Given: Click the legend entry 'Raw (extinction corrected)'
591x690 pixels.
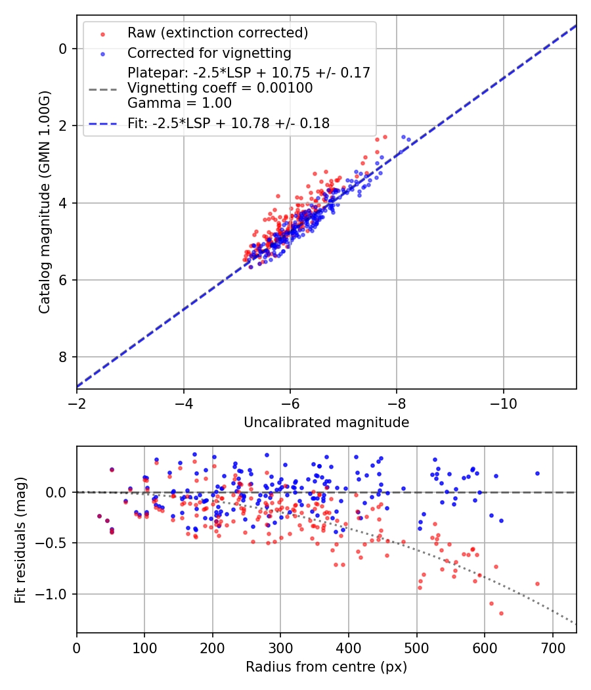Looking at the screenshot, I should pyautogui.click(x=217, y=33).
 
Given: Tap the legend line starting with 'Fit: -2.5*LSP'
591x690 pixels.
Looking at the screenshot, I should pyautogui.click(x=229, y=123).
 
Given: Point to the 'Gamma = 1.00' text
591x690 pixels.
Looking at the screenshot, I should pyautogui.click(x=179, y=103).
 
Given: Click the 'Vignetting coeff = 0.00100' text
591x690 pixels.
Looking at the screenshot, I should pyautogui.click(x=220, y=87).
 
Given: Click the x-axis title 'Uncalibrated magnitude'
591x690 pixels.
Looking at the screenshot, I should pyautogui.click(x=326, y=423).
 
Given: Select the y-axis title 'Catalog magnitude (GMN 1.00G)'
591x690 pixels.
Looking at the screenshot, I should pyautogui.click(x=44, y=202).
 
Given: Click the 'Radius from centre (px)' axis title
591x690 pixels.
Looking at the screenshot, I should pyautogui.click(x=326, y=667).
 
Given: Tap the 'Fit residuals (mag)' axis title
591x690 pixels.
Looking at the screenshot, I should pyautogui.click(x=20, y=540).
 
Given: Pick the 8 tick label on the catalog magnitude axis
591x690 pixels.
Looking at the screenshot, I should pyautogui.click(x=63, y=357).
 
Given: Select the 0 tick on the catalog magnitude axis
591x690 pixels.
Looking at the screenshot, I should pyautogui.click(x=63, y=49).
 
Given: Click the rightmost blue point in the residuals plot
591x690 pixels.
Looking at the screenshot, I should pyautogui.click(x=537, y=473).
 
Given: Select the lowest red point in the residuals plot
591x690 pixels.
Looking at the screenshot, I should pyautogui.click(x=501, y=613).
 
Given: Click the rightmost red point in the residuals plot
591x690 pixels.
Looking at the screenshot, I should pyautogui.click(x=537, y=584).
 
